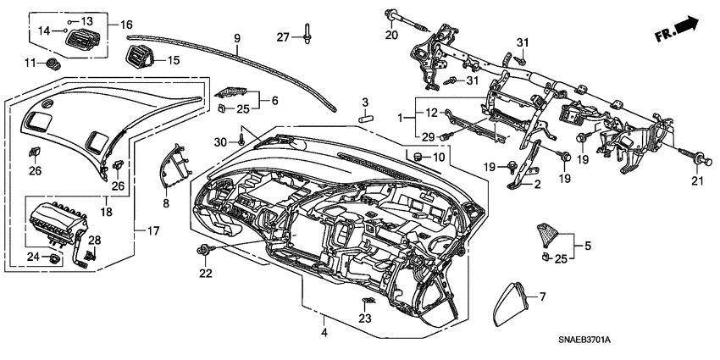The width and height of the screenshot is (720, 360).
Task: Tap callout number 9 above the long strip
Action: tap(237, 37)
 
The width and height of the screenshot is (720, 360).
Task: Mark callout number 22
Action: tap(205, 272)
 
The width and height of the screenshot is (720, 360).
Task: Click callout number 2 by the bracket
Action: tap(535, 182)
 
